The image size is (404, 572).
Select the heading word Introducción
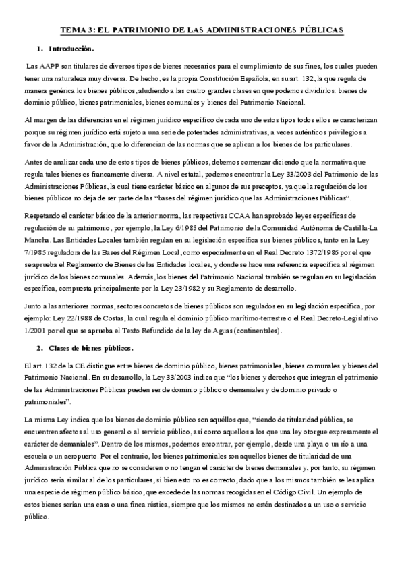tap(71, 49)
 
